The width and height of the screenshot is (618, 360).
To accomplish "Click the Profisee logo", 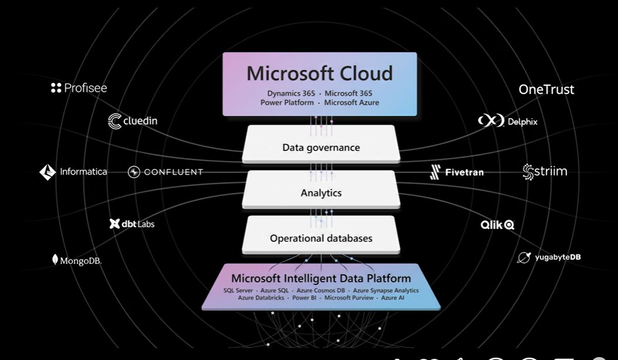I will point(79,88).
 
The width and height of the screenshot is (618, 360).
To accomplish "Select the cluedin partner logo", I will point(133,122).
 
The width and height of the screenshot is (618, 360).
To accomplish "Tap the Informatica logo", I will point(73,172).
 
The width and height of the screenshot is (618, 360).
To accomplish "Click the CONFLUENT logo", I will point(166,172).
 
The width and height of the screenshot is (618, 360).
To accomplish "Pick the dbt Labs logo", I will point(132,224).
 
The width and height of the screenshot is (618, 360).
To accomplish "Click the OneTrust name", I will point(546,89).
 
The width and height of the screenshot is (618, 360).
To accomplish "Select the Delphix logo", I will point(507,122).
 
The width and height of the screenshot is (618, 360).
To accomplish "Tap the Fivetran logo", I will point(457,172).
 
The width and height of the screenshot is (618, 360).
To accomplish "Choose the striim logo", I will point(545,171).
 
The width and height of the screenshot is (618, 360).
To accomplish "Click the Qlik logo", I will point(498,224).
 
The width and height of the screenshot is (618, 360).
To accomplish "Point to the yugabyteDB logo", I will point(549,257).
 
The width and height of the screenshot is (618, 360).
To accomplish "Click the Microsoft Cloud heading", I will point(320,73).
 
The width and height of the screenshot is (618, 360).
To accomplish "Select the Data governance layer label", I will point(321,147).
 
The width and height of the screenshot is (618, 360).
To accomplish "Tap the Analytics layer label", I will point(321,193).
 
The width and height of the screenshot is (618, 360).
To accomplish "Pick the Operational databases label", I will point(321,238).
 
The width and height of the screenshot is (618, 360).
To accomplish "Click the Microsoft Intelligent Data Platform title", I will point(321,278).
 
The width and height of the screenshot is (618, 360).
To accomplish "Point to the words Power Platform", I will point(287,102).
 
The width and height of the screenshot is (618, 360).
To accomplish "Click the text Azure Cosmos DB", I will point(321,291).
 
